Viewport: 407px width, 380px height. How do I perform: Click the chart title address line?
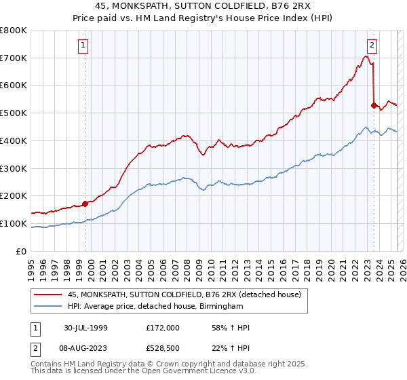[203, 7]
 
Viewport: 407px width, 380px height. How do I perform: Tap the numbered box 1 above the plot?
[83, 45]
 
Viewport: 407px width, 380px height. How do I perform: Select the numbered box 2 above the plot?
[372, 45]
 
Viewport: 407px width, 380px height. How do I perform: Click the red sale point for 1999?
[85, 203]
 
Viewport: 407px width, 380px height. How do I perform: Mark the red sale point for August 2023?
[374, 105]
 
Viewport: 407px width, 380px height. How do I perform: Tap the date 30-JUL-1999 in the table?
[87, 328]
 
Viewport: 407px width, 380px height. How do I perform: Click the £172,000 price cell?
[163, 328]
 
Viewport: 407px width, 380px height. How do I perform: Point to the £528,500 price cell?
[163, 348]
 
